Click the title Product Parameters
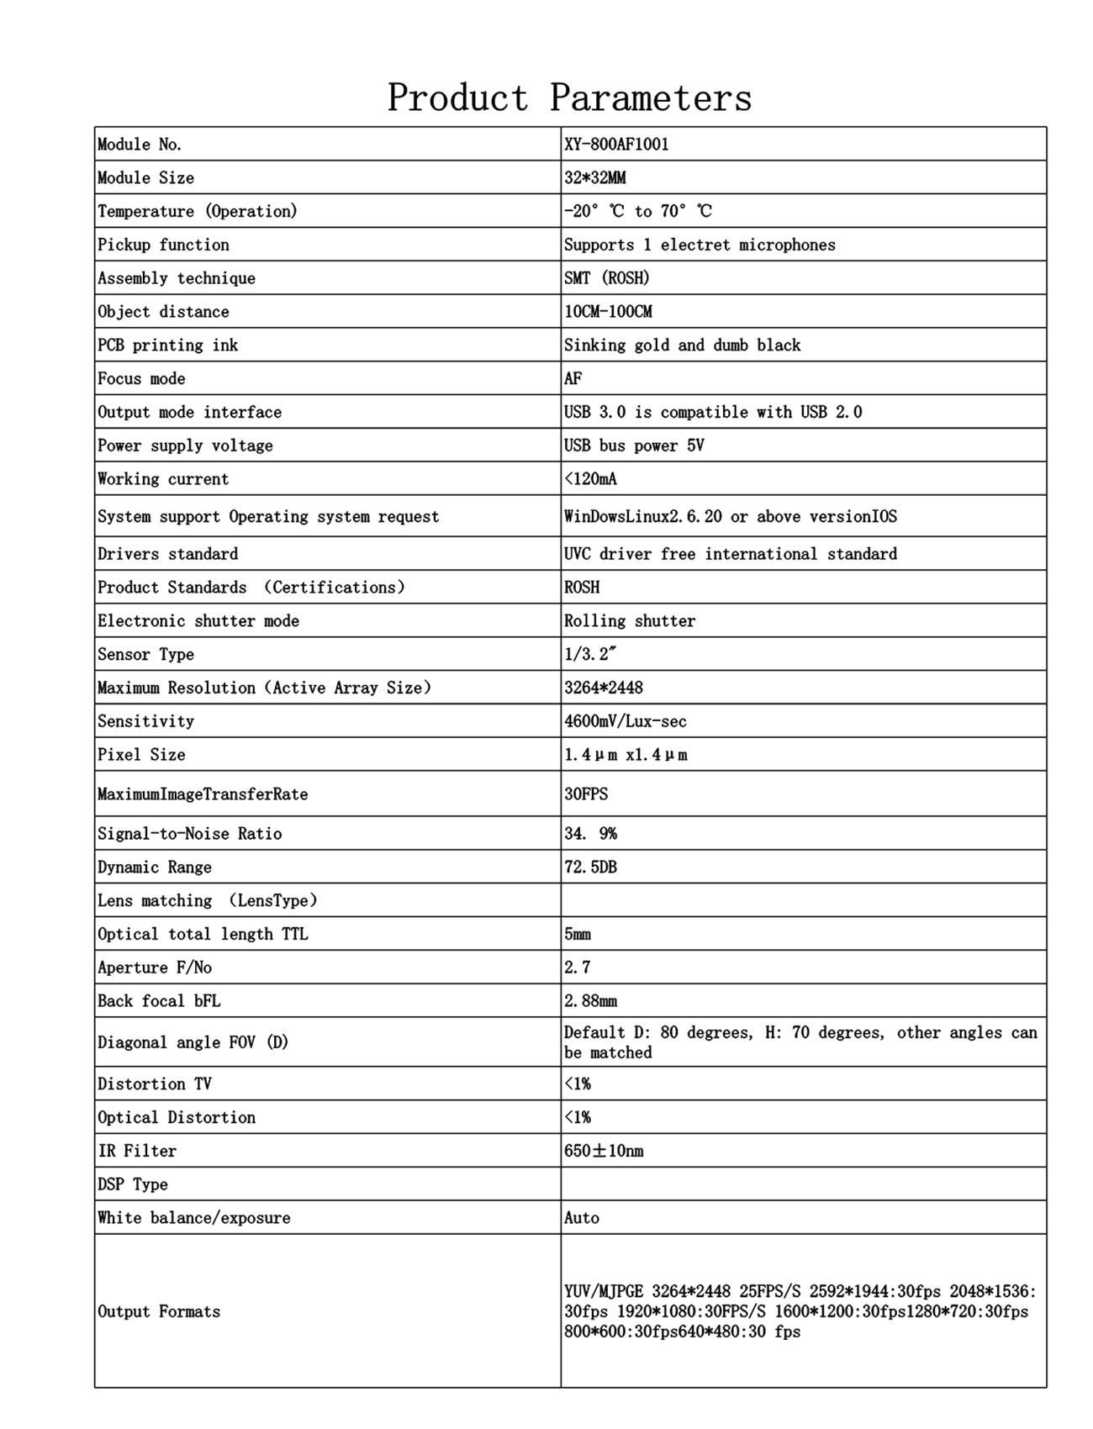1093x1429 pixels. pyautogui.click(x=569, y=98)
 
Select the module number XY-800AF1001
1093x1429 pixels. pyautogui.click(x=616, y=144)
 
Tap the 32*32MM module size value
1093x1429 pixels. pyautogui.click(x=594, y=177)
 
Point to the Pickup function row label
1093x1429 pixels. pyautogui.click(x=163, y=245)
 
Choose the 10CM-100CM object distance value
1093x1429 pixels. pyautogui.click(x=608, y=312)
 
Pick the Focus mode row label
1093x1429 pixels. pyautogui.click(x=141, y=378)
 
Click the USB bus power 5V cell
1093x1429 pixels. pyautogui.click(x=634, y=446)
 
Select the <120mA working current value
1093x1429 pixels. pyautogui.click(x=590, y=479)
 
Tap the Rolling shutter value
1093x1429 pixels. pyautogui.click(x=630, y=621)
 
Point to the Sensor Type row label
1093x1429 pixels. pyautogui.click(x=145, y=654)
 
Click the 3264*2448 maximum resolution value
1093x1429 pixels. pyautogui.click(x=603, y=688)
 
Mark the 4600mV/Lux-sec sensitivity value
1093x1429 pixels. pyautogui.click(x=625, y=721)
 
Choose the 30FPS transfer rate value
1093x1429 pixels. pyautogui.click(x=585, y=794)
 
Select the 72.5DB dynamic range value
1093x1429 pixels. pyautogui.click(x=590, y=867)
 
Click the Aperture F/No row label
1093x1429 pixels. pyautogui.click(x=155, y=968)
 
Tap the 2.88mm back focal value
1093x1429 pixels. pyautogui.click(x=590, y=1001)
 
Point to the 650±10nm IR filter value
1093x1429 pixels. pyautogui.click(x=604, y=1151)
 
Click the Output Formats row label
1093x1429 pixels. pyautogui.click(x=159, y=1311)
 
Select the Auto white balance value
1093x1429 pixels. pyautogui.click(x=581, y=1218)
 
